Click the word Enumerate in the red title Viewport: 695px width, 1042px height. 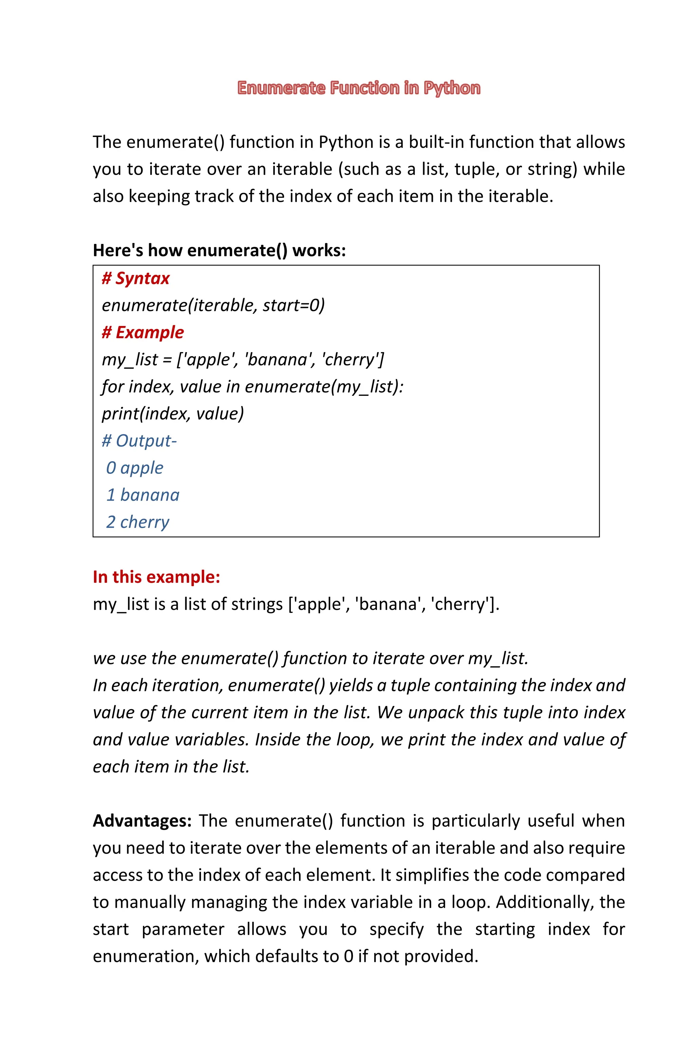(281, 88)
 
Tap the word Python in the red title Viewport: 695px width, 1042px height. (452, 88)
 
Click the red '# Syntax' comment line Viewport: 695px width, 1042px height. (136, 279)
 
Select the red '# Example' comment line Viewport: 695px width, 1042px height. (143, 333)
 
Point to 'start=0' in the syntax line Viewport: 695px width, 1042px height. (294, 305)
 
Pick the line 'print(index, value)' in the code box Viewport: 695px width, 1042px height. (173, 414)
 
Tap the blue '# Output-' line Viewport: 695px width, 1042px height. (139, 441)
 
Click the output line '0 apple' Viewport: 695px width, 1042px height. (135, 468)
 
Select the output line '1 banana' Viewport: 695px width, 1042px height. (143, 495)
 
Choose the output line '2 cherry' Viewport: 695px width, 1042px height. (137, 522)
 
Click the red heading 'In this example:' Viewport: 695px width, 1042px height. (156, 577)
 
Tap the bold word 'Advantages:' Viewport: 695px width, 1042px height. (142, 821)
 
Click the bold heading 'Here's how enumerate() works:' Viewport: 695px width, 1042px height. (219, 251)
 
